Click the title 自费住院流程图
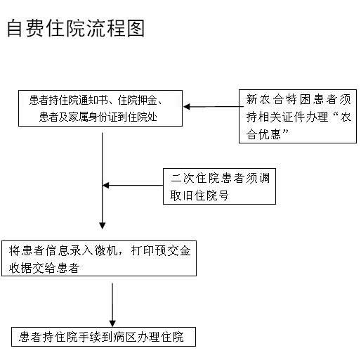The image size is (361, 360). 76,28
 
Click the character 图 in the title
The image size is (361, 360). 136,28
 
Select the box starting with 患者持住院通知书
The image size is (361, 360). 100,108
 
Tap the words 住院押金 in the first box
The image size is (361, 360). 137,101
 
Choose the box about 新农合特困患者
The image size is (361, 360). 298,116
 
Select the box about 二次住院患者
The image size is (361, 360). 219,186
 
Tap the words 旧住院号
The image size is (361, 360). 205,195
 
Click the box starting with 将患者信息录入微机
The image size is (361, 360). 99,258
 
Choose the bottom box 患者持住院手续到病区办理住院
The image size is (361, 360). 103,337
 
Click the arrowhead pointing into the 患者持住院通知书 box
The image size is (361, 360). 187,107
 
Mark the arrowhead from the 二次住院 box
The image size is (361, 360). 106,186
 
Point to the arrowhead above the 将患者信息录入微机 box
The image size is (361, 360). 103,226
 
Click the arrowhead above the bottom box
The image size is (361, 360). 112,323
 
